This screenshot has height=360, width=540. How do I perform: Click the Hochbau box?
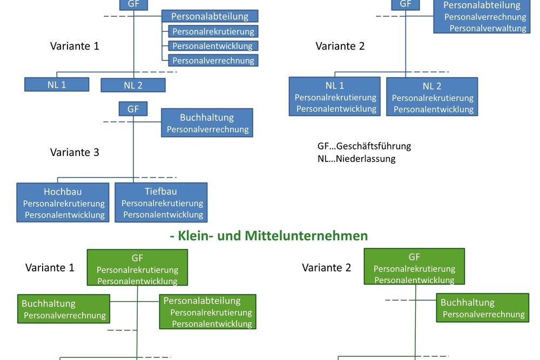point(63,202)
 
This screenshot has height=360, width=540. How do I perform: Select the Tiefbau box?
point(161,202)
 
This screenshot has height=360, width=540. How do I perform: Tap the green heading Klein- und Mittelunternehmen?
point(268,236)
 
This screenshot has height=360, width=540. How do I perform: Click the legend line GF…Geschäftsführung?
point(364,146)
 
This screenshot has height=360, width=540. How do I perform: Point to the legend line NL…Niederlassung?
point(356,159)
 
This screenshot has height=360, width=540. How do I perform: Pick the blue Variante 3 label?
point(75,152)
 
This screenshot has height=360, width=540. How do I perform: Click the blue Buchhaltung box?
point(207,123)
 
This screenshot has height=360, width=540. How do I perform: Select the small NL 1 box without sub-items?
point(57,84)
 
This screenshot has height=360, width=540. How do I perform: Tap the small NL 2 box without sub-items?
point(133,85)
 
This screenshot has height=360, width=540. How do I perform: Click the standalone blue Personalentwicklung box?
point(213,46)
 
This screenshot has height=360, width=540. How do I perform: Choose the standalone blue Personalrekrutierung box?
point(213,31)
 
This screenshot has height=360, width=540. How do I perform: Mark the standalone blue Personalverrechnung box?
point(213,60)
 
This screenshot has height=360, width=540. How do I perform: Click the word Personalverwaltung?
point(488,28)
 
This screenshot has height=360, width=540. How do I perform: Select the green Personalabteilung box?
point(207,312)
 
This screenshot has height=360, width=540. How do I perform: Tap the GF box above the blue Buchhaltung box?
point(133,108)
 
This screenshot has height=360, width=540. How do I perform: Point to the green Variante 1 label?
point(50,268)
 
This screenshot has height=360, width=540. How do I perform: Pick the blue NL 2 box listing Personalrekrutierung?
point(432,97)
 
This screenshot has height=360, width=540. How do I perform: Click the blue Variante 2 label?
point(340,46)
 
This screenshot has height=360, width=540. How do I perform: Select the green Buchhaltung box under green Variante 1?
point(64,309)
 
